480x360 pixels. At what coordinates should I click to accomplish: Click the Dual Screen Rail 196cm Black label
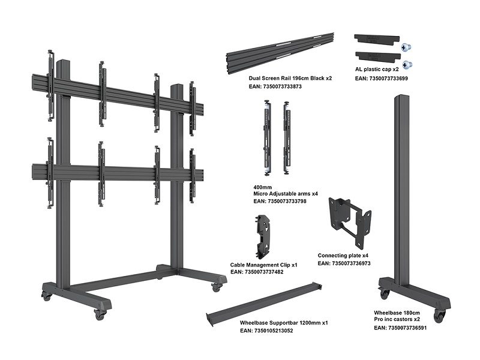point(290,79)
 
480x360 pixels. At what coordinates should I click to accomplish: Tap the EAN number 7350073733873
point(275,87)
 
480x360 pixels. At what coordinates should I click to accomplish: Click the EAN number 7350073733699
point(381,78)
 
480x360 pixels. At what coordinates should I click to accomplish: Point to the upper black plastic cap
point(375,38)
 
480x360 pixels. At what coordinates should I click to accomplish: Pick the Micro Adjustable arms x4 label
point(286,194)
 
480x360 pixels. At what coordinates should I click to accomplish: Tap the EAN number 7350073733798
point(280,202)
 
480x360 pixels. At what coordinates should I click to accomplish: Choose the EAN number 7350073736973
point(352,263)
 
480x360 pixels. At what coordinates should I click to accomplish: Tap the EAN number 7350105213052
point(266,331)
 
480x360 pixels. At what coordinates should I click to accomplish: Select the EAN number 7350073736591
point(400,328)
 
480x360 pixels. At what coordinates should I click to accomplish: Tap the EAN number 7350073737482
point(257,272)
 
